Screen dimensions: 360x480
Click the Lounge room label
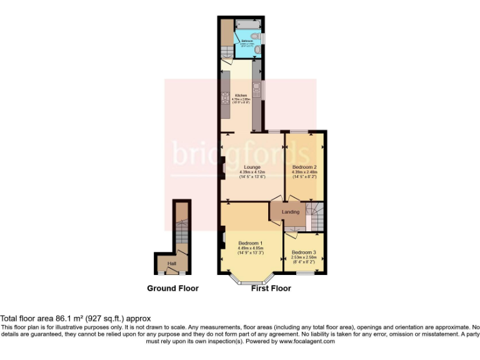252,167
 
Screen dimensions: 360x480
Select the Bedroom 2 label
305,167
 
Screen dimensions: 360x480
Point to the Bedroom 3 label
304,252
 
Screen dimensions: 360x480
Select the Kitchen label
241,95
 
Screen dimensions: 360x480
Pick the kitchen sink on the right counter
256,89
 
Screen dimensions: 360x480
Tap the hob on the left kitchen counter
225,98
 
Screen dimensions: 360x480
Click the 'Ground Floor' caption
172,288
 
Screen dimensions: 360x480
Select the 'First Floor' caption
271,288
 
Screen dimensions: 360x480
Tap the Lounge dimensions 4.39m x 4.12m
252,172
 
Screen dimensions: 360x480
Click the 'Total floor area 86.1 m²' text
75,319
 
